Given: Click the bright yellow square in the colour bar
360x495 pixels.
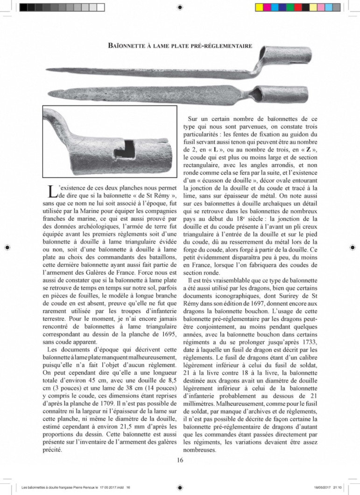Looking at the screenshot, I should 260,7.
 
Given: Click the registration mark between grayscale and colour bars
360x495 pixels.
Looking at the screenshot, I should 180,7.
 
